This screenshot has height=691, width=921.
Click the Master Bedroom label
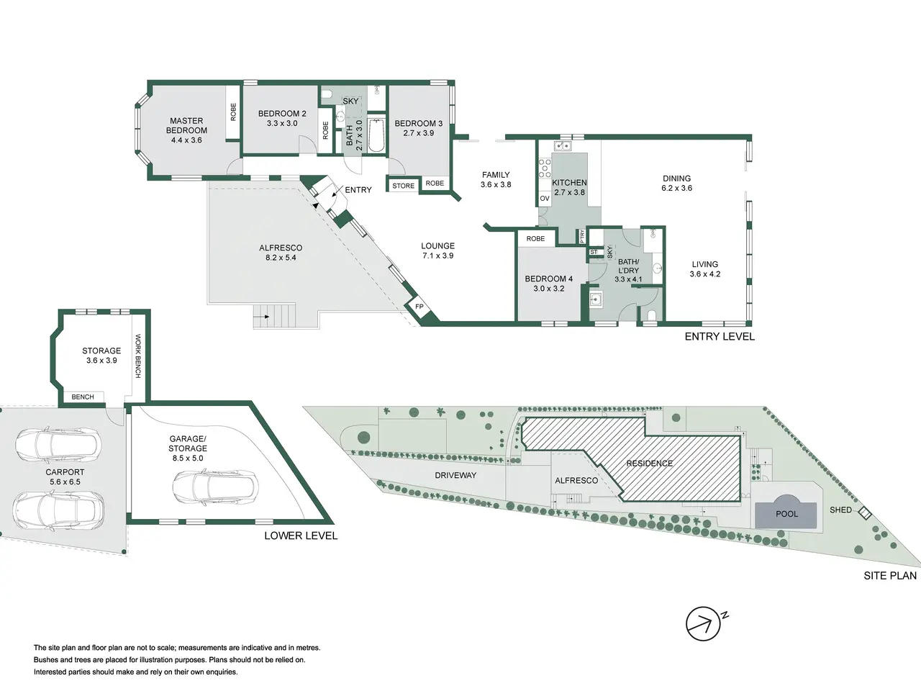(x=186, y=130)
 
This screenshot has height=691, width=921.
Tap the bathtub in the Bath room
(x=376, y=136)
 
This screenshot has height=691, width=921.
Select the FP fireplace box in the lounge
(x=419, y=307)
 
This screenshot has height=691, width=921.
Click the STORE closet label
(x=403, y=186)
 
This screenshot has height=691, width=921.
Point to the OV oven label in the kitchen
(x=545, y=199)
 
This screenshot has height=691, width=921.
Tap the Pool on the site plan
(x=786, y=512)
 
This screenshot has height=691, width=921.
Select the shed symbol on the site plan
(x=865, y=513)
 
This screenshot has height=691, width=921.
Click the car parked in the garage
(x=216, y=487)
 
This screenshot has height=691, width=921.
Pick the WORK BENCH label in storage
(x=137, y=356)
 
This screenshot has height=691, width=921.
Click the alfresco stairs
(x=274, y=316)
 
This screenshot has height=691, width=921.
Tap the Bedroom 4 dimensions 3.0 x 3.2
(x=548, y=289)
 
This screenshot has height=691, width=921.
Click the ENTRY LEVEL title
(x=720, y=336)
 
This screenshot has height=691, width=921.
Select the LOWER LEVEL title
(x=301, y=536)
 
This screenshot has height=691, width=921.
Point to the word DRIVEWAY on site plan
(x=455, y=475)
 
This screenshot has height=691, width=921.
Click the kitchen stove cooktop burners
(x=545, y=168)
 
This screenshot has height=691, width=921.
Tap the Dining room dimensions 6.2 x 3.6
(x=677, y=188)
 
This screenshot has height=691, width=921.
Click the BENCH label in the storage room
(x=83, y=397)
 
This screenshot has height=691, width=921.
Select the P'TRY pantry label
(x=582, y=237)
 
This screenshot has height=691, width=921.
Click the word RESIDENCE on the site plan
(x=649, y=463)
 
